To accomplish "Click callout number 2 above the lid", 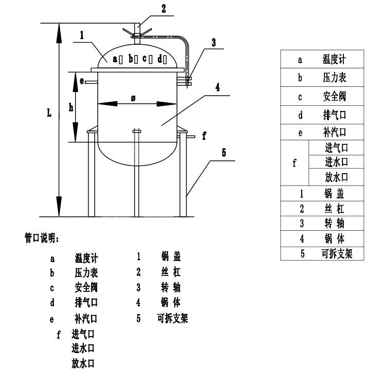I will [150, 8].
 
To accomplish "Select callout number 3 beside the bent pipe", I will [214, 44].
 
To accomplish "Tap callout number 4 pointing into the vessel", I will [218, 87].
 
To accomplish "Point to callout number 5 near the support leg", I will [224, 153].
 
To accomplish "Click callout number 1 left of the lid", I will [82, 36].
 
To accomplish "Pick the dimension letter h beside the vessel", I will [71, 107].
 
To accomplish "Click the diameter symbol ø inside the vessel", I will [133, 98].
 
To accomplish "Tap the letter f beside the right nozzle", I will [204, 136].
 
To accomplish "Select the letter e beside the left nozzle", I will [82, 81].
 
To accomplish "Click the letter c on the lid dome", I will [145, 59].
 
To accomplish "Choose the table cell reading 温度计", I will [334, 60].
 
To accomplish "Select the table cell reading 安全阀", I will [334, 97].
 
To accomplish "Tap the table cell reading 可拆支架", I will [337, 254].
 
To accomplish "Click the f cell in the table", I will [294, 163].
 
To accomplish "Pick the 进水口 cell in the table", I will [337, 162].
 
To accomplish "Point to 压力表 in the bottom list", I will [86, 272].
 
